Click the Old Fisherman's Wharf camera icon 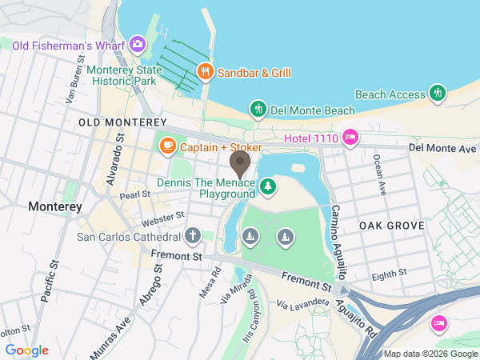pyautogui.click(x=138, y=43)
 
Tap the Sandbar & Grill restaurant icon pyautogui.click(x=206, y=72)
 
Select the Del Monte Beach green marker pyautogui.click(x=258, y=108)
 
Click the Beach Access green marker pyautogui.click(x=437, y=94)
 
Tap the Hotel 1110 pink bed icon pyautogui.click(x=350, y=138)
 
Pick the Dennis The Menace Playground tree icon pyautogui.click(x=270, y=188)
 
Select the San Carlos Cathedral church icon pyautogui.click(x=192, y=236)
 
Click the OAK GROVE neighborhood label pyautogui.click(x=390, y=226)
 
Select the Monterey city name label pyautogui.click(x=55, y=206)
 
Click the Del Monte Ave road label pyautogui.click(x=442, y=148)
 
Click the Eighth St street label pyautogui.click(x=390, y=274)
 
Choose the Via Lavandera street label pyautogui.click(x=303, y=303)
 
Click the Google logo pyautogui.click(x=26, y=350)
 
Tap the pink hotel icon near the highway pyautogui.click(x=438, y=322)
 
